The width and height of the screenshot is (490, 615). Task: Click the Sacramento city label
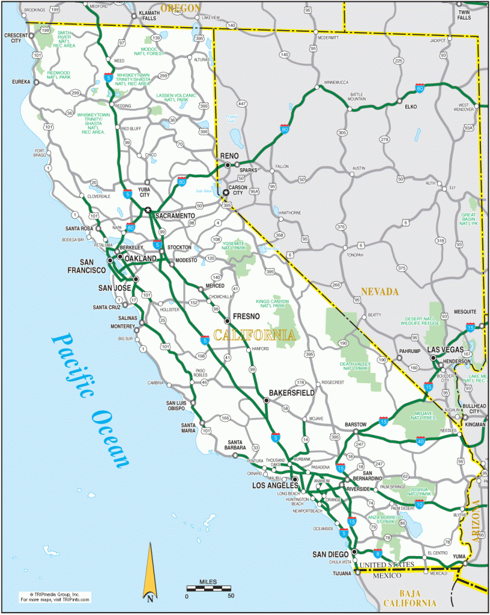pyautogui.click(x=175, y=216)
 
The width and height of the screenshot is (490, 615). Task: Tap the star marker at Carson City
pyautogui.click(x=226, y=193)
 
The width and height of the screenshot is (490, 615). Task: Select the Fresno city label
pyautogui.click(x=246, y=316)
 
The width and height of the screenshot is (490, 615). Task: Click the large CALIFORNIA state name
pyautogui.click(x=255, y=335)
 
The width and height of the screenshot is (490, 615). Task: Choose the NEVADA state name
pyautogui.click(x=380, y=292)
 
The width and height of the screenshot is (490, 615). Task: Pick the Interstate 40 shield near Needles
pyautogui.click(x=421, y=442)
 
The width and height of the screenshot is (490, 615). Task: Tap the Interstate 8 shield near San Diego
pyautogui.click(x=377, y=553)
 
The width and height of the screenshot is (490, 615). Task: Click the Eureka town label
pyautogui.click(x=20, y=81)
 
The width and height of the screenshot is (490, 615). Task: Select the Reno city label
pyautogui.click(x=229, y=155)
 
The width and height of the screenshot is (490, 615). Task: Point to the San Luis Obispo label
pyautogui.click(x=179, y=406)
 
